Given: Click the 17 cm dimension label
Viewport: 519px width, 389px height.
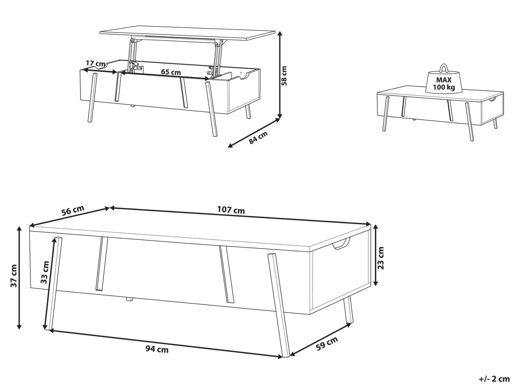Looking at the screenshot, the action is click(x=95, y=63).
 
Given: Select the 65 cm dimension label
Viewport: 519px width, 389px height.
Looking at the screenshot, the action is click(x=171, y=72).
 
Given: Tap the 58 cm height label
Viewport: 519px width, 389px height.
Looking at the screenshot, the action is click(x=284, y=75).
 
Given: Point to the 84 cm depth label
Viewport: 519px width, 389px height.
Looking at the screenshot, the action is click(x=258, y=137).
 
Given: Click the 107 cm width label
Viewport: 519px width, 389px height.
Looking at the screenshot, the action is click(x=231, y=210).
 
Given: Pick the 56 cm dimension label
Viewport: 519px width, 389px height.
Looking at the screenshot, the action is click(x=73, y=211).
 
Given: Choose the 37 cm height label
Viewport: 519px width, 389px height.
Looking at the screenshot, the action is click(x=14, y=276).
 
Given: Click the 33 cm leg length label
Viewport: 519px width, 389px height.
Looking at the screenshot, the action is click(x=44, y=272).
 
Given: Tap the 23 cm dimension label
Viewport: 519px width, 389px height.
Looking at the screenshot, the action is click(x=381, y=258).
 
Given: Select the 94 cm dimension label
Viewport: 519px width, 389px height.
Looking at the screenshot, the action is click(x=157, y=349).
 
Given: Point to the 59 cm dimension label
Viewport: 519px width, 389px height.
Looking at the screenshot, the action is click(x=327, y=344).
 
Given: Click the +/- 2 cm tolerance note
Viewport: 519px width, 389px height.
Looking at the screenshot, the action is click(x=494, y=379).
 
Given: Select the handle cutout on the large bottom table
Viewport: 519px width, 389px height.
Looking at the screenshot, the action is click(x=341, y=244).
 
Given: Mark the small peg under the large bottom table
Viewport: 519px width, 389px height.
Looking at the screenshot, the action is click(x=129, y=299).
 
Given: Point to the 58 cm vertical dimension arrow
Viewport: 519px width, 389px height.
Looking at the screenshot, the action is click(x=280, y=75).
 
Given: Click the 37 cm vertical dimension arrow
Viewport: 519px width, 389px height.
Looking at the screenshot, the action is click(x=19, y=278).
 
